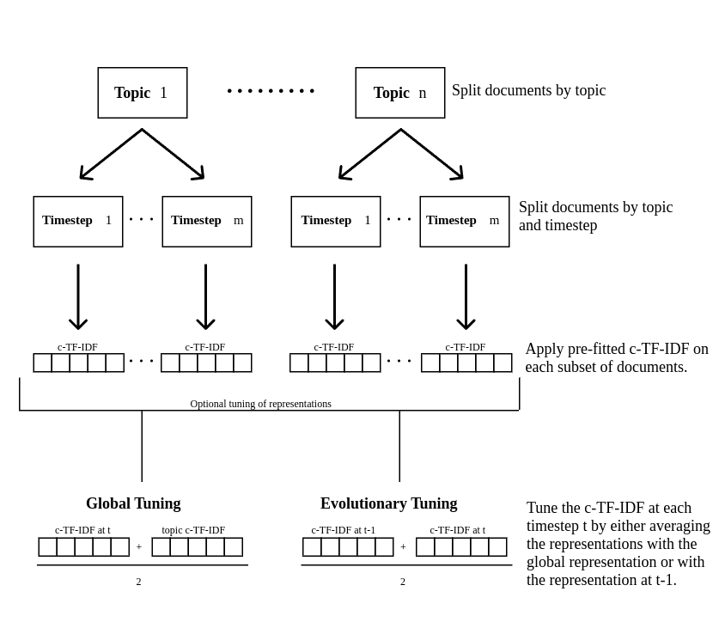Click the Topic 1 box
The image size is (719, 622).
[143, 93]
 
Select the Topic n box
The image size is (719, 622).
[400, 93]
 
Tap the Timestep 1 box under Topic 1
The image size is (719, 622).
[78, 222]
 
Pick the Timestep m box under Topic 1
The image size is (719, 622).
[207, 222]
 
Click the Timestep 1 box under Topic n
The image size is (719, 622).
[336, 222]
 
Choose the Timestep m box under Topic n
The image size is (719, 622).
[465, 222]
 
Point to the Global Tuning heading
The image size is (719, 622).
[133, 503]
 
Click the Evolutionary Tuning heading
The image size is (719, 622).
[388, 503]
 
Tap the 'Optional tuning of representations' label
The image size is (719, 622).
[260, 404]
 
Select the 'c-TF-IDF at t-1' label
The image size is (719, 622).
[343, 530]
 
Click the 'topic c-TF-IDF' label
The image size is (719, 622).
[193, 530]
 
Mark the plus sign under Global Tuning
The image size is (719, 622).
[139, 547]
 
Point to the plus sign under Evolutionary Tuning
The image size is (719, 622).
[403, 547]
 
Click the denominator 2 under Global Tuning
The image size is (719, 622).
[138, 582]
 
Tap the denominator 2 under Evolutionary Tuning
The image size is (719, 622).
[403, 582]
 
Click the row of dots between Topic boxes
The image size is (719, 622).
[271, 91]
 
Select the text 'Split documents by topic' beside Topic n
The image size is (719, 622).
[528, 90]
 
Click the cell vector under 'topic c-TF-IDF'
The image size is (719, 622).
[198, 547]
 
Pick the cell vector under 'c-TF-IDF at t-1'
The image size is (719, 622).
[348, 547]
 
